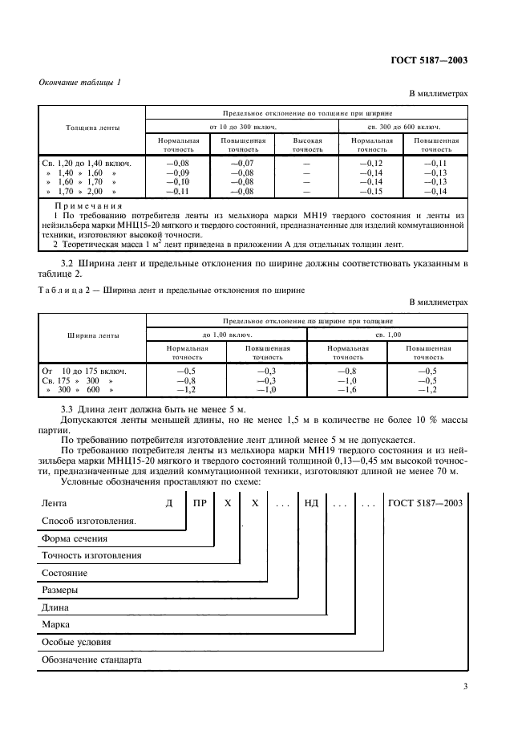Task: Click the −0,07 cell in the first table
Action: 241,164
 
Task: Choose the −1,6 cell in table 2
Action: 347,389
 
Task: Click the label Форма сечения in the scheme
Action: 73,538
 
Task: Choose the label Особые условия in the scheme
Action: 75,642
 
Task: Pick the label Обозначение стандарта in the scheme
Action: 91,660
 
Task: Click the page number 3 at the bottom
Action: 465,687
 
